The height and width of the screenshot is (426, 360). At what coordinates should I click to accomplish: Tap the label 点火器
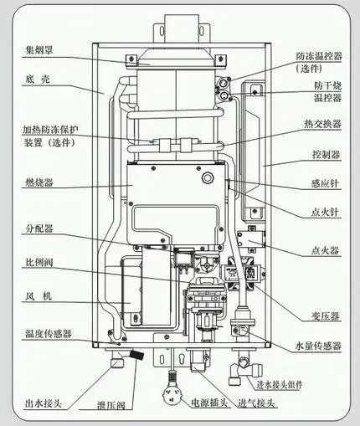(x=322, y=249)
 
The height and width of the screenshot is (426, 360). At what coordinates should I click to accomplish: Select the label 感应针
(x=322, y=183)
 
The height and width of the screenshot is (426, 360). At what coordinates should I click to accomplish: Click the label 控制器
(x=322, y=155)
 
